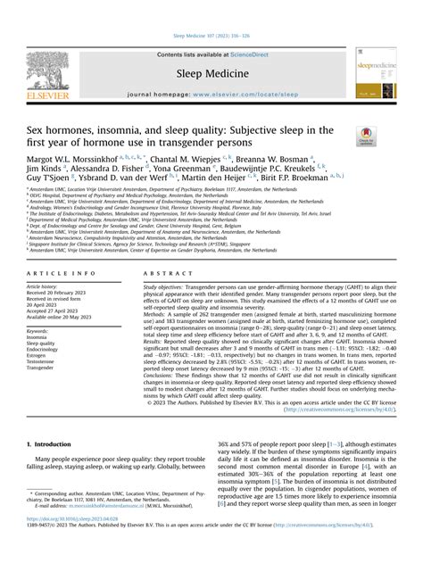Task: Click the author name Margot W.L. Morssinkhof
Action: click(83, 157)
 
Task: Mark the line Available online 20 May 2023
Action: click(63, 317)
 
